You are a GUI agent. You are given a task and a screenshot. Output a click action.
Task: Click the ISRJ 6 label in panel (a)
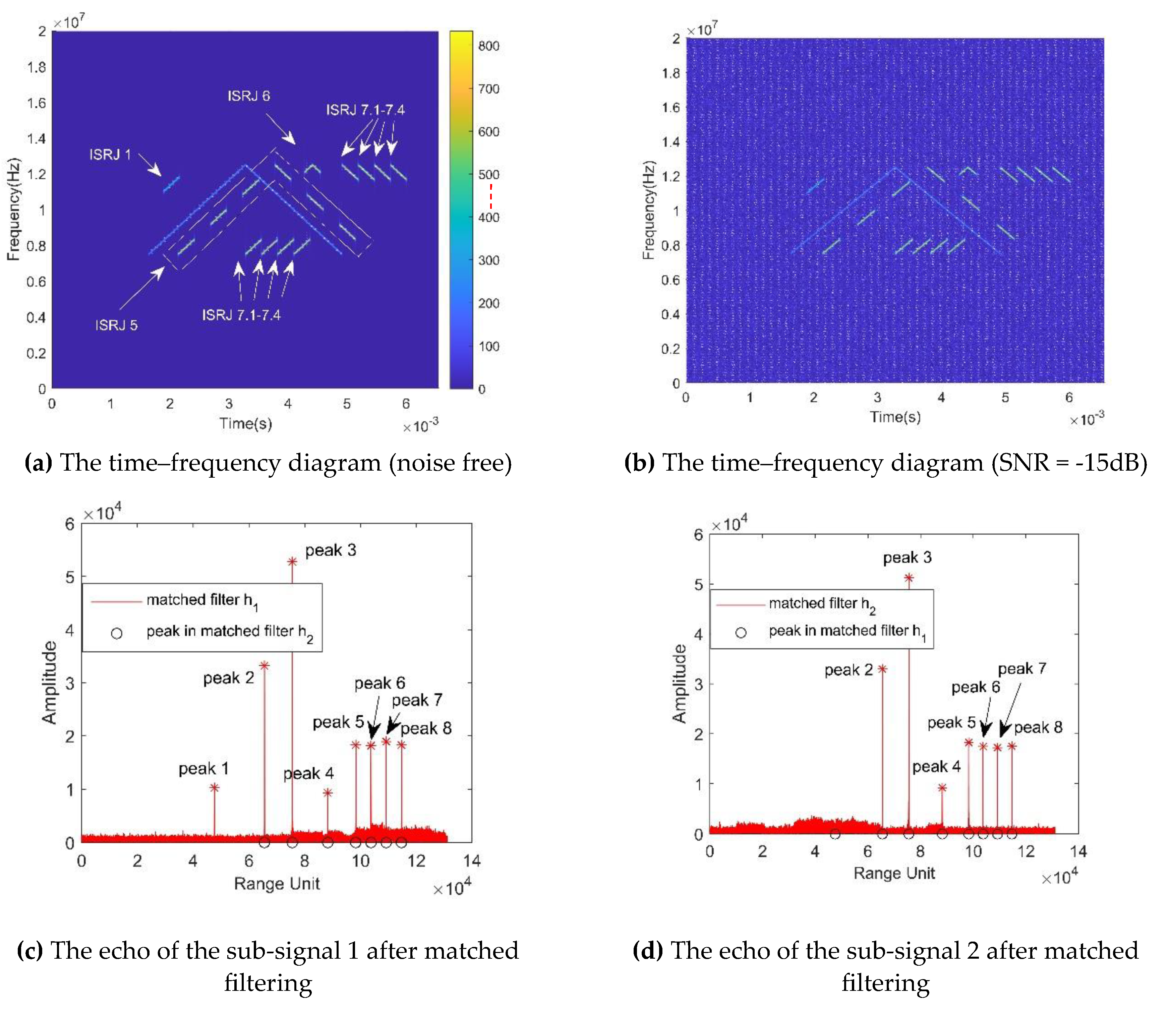(248, 96)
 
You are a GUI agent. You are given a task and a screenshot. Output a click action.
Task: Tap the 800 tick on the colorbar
(488, 46)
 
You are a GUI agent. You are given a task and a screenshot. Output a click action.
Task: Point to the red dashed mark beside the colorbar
(491, 196)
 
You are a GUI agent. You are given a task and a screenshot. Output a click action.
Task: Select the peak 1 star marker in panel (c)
(214, 787)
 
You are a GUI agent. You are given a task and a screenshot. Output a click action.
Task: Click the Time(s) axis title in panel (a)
(245, 423)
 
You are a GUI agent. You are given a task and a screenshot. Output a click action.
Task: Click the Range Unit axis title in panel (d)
(894, 873)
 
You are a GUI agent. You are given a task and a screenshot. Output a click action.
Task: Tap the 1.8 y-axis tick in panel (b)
(671, 73)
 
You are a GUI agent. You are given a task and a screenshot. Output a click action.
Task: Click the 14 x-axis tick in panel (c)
(472, 861)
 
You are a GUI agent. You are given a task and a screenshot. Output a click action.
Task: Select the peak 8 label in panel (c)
(426, 728)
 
